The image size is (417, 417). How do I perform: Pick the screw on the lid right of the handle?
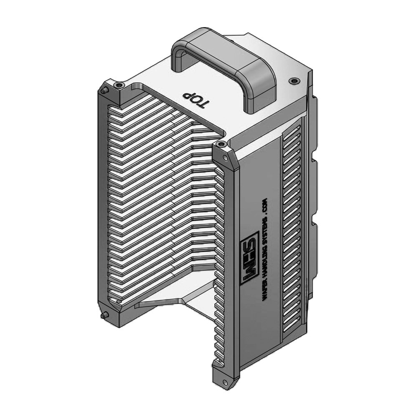[294, 80]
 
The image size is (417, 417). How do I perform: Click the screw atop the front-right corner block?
[221, 145]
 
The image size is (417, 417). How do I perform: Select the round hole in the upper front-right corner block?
[225, 158]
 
